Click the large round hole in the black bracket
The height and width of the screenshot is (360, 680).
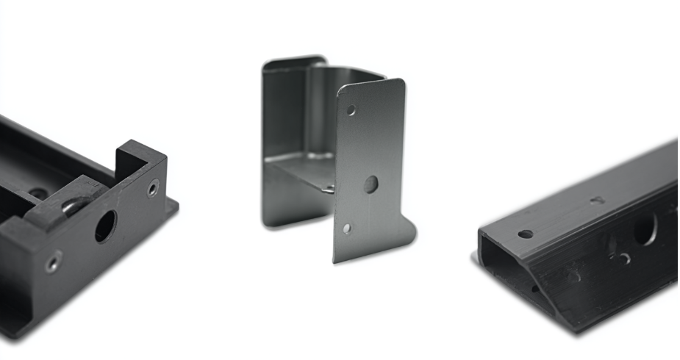pyautogui.click(x=105, y=226)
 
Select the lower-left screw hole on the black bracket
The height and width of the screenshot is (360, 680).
pyautogui.click(x=53, y=262)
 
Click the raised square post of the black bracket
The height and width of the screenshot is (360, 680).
pyautogui.click(x=140, y=158)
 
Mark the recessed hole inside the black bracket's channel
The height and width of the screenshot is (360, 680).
pyautogui.click(x=38, y=193)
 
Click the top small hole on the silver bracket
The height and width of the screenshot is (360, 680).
pyautogui.click(x=351, y=110)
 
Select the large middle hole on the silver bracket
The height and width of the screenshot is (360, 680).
pyautogui.click(x=371, y=184)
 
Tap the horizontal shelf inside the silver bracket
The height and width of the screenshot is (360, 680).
pyautogui.click(x=301, y=173)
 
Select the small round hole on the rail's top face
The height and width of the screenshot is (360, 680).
pyautogui.click(x=525, y=234)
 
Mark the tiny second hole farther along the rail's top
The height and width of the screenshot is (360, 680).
pyautogui.click(x=598, y=200)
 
